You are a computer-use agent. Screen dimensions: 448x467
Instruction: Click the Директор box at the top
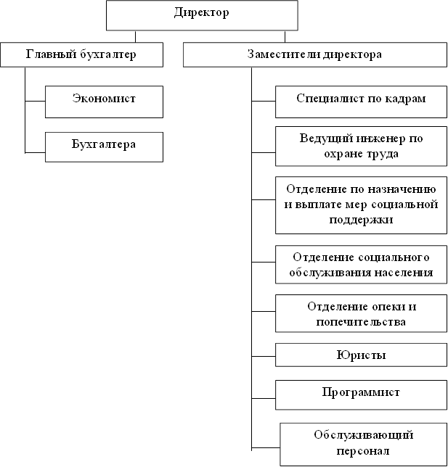(202, 15)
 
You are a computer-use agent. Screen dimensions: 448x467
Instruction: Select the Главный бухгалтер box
(82, 54)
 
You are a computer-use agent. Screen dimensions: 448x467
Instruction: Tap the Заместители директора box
(315, 54)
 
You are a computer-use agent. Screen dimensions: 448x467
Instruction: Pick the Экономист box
(104, 102)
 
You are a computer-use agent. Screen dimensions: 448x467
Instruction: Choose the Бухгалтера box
(104, 147)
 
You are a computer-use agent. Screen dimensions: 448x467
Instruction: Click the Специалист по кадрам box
(361, 102)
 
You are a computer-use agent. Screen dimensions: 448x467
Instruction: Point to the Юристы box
(361, 355)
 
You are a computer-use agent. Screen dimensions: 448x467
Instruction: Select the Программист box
(361, 395)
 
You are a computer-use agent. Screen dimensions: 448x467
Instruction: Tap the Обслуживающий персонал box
(364, 445)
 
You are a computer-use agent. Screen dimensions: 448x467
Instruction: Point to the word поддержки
(361, 220)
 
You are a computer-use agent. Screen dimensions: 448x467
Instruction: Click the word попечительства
(361, 322)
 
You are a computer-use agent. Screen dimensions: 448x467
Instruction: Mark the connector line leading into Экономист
(35, 102)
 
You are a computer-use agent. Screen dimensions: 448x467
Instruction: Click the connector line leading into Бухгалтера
(35, 153)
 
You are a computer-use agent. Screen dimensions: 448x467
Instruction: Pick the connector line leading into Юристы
(264, 356)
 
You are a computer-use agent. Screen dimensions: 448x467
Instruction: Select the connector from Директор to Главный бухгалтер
(135, 36)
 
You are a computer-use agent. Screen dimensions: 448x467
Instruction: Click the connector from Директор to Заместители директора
(285, 36)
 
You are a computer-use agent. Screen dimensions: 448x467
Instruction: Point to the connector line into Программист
(264, 398)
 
